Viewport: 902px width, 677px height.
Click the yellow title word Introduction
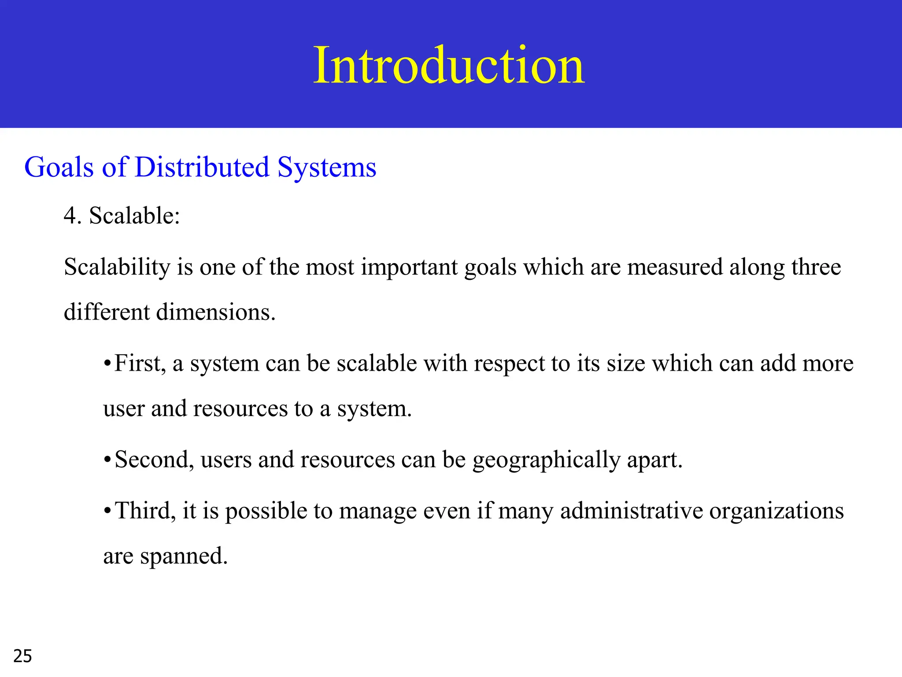coord(449,65)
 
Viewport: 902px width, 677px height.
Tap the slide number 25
coord(22,656)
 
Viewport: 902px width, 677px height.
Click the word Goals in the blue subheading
coord(59,167)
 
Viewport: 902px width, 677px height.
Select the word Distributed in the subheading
coord(202,167)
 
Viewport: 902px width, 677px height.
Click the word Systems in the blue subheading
coord(327,168)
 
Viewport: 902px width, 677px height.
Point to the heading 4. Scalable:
coord(122,216)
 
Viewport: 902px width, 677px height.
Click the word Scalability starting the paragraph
coord(117,267)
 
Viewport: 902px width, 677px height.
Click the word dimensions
coord(216,312)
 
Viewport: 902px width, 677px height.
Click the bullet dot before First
coord(107,364)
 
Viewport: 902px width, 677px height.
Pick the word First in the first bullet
coord(140,364)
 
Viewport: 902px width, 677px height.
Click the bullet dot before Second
coord(107,460)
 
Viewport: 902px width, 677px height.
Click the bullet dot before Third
coord(107,512)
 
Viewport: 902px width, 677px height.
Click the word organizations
coord(776,512)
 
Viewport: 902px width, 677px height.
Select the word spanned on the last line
coord(184,556)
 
